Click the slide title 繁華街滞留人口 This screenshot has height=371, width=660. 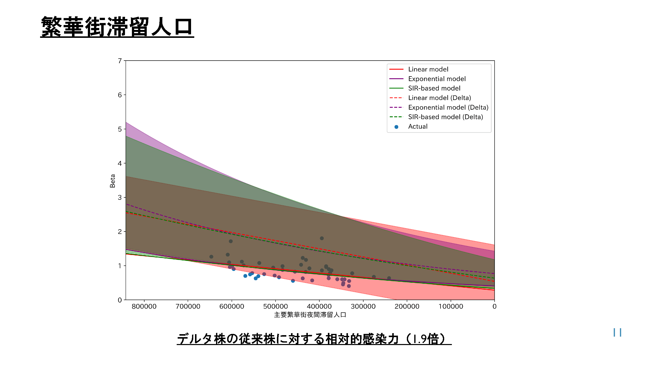point(117,27)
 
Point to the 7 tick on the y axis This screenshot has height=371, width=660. point(120,61)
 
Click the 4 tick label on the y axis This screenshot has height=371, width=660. point(120,163)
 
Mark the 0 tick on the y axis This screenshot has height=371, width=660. point(120,300)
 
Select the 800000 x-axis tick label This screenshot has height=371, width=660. point(144,306)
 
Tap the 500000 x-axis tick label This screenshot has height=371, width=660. point(275,306)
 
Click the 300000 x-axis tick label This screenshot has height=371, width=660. point(363,306)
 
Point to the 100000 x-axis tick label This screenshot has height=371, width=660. point(451,306)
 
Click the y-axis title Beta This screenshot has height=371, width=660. point(113,181)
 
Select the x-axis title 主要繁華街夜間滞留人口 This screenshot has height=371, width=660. point(310,315)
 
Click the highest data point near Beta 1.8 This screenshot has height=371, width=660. point(322,238)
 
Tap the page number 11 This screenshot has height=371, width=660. point(617,332)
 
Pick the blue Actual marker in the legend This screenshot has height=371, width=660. point(396,127)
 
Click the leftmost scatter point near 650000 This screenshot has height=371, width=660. point(211,257)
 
